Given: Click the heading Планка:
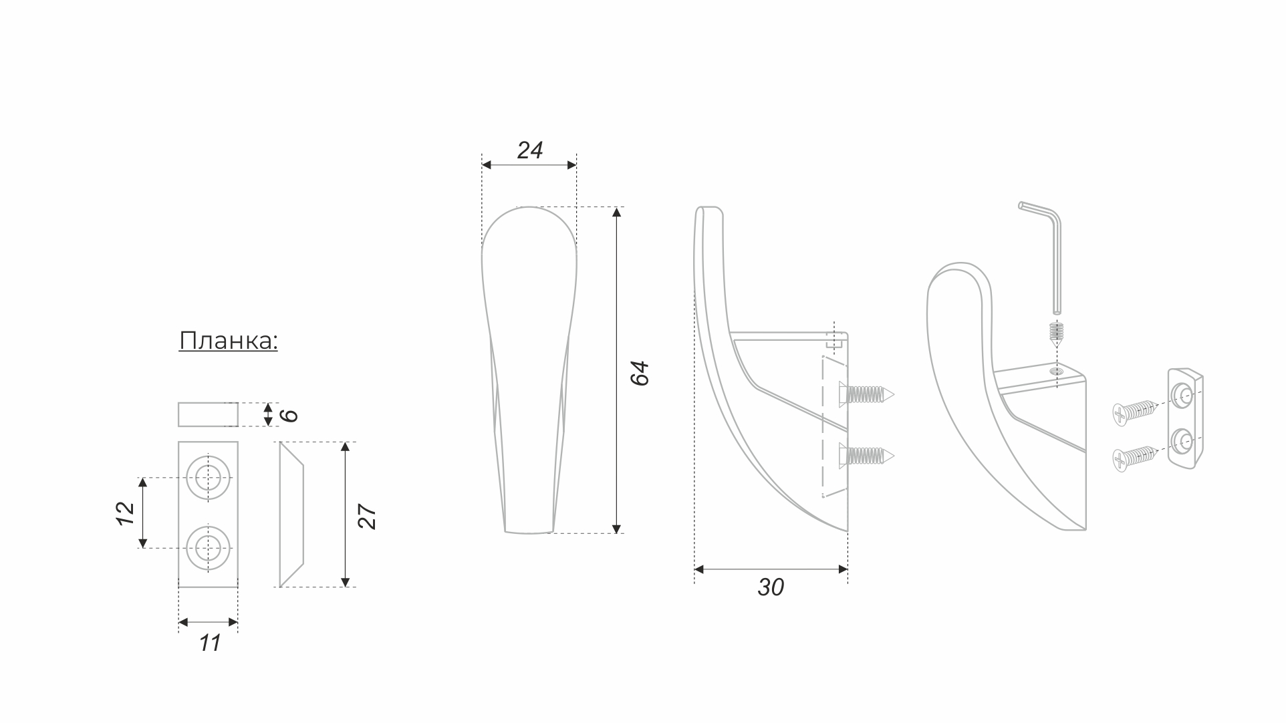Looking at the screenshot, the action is click(228, 341).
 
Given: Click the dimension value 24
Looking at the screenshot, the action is click(529, 150).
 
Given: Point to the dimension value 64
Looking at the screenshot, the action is click(640, 373).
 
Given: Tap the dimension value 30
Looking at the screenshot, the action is click(771, 587).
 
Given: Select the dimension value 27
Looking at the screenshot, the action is click(367, 516).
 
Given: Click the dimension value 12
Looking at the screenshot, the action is click(126, 513).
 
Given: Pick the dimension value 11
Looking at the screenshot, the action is click(209, 643).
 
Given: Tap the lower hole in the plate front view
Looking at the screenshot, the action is click(209, 548).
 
